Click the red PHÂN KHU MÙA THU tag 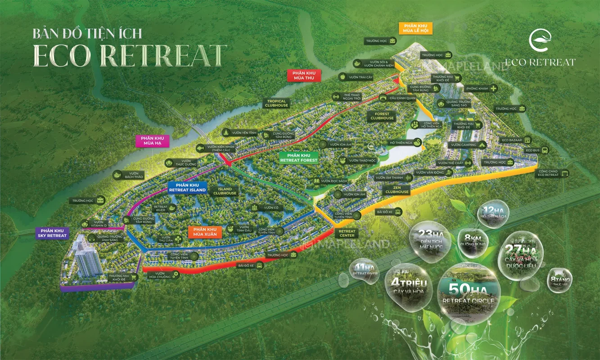click(x=304, y=76)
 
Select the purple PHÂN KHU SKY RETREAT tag click(x=52, y=233)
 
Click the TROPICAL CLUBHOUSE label click(x=276, y=103)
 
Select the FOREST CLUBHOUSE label click(x=382, y=116)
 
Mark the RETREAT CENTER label click(x=347, y=233)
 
